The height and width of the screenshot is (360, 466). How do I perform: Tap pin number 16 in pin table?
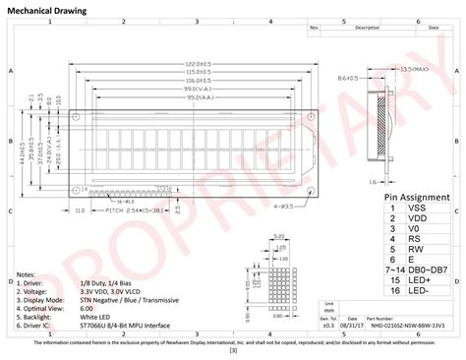392,291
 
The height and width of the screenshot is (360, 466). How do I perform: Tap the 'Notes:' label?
27,274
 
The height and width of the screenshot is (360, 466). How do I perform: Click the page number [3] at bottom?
232,350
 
